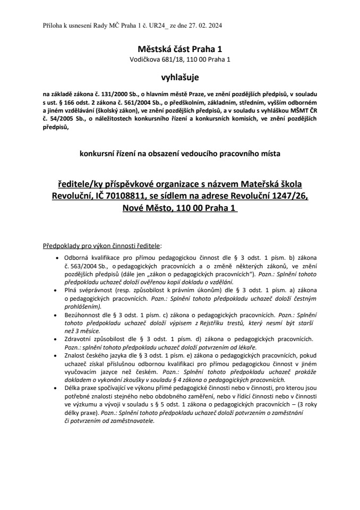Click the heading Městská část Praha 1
click(x=179, y=48)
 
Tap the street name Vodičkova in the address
click(x=144, y=59)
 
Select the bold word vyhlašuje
click(x=179, y=78)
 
